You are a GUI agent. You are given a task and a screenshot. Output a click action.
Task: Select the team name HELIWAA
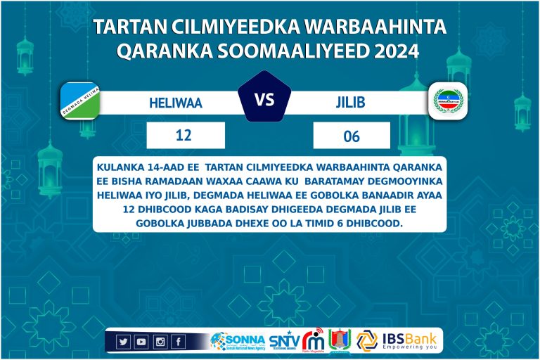pyautogui.click(x=175, y=103)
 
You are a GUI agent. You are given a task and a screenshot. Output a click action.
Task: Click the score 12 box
pyautogui.click(x=185, y=135)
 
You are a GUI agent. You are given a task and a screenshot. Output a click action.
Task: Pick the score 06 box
pyautogui.click(x=352, y=136)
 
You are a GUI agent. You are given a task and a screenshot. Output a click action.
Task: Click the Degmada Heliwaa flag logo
pyautogui.click(x=79, y=101)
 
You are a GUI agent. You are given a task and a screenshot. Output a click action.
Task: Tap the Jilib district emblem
pyautogui.click(x=449, y=103)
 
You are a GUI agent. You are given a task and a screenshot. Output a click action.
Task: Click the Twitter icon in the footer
pyautogui.click(x=124, y=342)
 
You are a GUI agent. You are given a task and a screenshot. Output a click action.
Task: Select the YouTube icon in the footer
pyautogui.click(x=141, y=342)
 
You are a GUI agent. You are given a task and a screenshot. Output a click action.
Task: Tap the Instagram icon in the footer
pyautogui.click(x=160, y=342)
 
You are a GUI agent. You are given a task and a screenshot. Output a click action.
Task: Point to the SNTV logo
pyautogui.click(x=284, y=341)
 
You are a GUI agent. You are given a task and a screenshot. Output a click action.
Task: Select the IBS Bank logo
pyautogui.click(x=398, y=340)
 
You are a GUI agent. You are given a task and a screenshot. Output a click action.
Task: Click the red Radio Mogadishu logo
pyautogui.click(x=314, y=340)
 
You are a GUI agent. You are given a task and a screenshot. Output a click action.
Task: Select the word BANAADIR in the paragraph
pyautogui.click(x=385, y=195)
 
